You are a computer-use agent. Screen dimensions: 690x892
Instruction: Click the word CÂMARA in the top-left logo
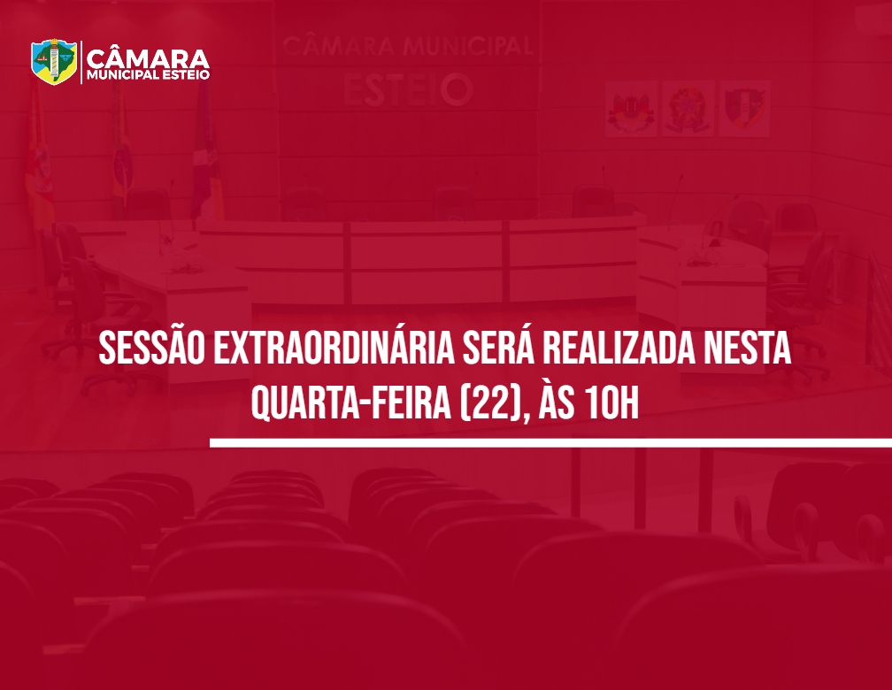[149, 58]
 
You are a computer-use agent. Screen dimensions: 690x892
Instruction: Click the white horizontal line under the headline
[549, 442]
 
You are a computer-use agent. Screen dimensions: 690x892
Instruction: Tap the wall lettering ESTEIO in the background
[406, 89]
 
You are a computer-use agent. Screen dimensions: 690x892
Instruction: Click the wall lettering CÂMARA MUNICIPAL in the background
[406, 46]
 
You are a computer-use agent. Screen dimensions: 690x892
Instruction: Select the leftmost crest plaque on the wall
[631, 108]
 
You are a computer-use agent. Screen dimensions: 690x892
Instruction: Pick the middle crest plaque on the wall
[688, 108]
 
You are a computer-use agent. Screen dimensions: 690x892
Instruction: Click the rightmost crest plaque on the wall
[743, 108]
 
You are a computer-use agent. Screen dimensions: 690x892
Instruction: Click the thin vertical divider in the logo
[81, 63]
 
